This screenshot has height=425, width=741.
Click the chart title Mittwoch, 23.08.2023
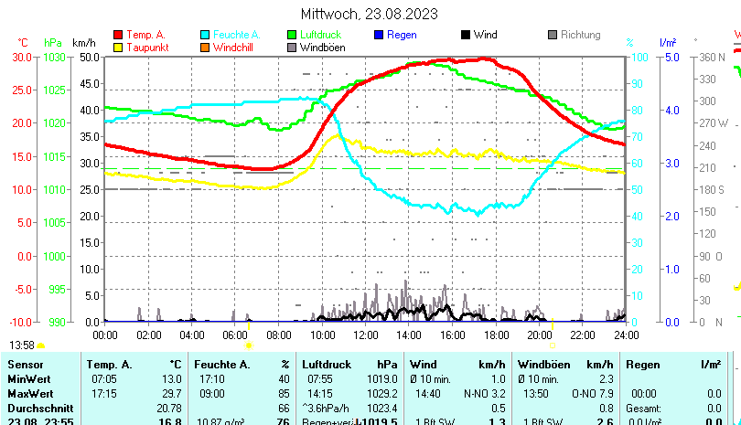click(370, 14)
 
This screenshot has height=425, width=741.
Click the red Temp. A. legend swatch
click(118, 35)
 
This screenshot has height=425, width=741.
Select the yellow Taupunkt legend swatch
click(118, 47)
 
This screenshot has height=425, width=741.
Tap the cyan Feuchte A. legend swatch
click(205, 35)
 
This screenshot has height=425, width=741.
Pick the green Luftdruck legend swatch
click(293, 35)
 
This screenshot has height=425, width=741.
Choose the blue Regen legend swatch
click(380, 35)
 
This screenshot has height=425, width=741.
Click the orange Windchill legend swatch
click(205, 47)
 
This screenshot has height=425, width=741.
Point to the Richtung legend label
click(580, 35)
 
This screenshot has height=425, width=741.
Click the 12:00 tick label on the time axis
click(367, 335)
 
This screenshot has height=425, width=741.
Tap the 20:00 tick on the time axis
click(540, 335)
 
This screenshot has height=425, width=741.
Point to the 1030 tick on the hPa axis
click(55, 57)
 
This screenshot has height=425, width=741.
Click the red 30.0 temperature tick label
click(21, 57)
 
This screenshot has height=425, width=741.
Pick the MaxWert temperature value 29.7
click(171, 393)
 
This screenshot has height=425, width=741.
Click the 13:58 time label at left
click(22, 345)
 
